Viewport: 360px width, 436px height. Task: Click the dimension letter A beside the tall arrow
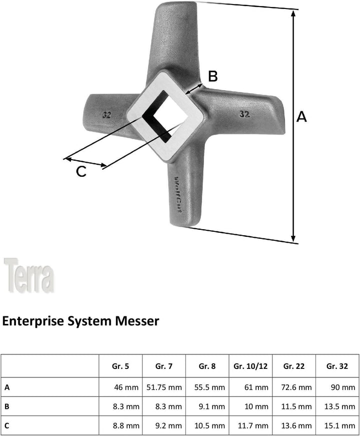click(x=301, y=117)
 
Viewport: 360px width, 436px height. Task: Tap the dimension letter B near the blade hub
click(x=213, y=76)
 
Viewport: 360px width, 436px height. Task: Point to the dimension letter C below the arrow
click(x=81, y=171)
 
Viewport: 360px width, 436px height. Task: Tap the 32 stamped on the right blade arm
click(x=244, y=114)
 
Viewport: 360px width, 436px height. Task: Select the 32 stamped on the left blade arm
click(x=107, y=115)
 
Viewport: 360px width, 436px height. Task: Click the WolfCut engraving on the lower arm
click(x=178, y=195)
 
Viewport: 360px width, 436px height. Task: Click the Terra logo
click(x=29, y=275)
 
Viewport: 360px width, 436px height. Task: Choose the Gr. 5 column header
click(x=120, y=366)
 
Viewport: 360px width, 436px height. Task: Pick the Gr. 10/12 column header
click(x=250, y=366)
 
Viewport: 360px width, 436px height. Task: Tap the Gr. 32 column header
click(x=337, y=366)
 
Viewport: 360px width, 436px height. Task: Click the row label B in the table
click(x=7, y=406)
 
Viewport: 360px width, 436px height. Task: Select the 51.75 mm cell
click(x=164, y=387)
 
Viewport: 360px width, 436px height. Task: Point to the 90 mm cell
click(x=343, y=387)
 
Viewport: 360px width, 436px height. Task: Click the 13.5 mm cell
click(x=339, y=406)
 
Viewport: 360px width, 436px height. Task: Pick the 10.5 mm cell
click(x=209, y=425)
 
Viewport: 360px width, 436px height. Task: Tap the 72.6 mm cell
click(x=296, y=387)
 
